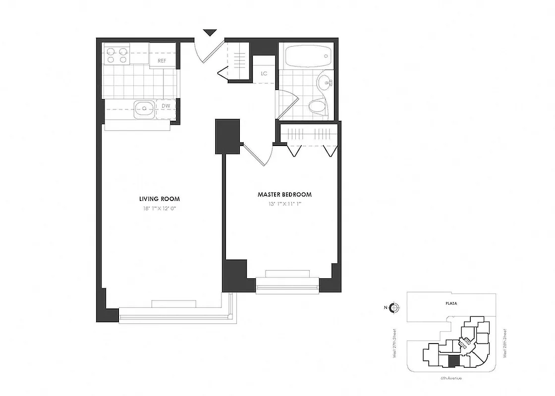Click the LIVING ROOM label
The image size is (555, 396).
click(x=159, y=198)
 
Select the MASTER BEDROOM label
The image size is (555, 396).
click(x=284, y=194)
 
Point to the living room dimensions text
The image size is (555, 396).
click(x=159, y=208)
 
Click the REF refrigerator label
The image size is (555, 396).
click(x=162, y=60)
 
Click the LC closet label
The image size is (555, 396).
click(x=264, y=74)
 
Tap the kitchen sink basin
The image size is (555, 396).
click(x=144, y=108)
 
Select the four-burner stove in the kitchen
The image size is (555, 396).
click(x=116, y=54)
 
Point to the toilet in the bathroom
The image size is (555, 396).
click(x=316, y=105)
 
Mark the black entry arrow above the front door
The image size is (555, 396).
click(x=211, y=33)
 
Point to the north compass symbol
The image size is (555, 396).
click(x=394, y=307)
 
